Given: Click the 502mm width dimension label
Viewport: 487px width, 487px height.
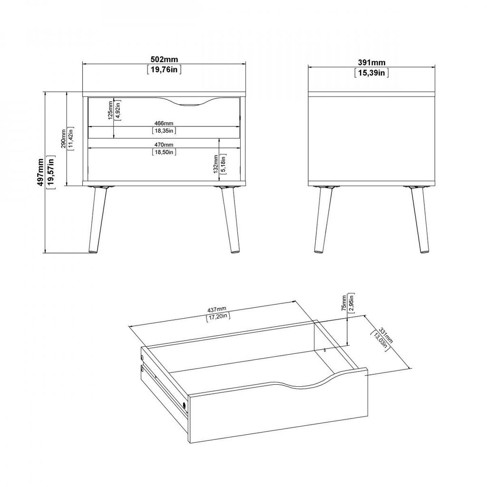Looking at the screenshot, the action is (164, 59).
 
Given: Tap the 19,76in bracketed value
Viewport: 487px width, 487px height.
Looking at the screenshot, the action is (164, 69).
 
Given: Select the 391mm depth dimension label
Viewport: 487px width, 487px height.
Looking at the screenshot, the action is (371, 62).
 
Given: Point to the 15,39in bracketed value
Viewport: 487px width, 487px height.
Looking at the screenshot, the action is (371, 73).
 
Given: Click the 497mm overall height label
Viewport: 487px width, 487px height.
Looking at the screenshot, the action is (40, 172).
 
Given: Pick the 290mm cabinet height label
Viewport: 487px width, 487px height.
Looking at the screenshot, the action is (63, 138).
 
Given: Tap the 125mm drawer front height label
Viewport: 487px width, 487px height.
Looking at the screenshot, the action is (110, 110).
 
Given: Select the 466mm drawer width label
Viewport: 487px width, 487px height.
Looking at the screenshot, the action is (164, 123).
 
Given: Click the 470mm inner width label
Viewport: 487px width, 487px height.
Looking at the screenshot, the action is (164, 145).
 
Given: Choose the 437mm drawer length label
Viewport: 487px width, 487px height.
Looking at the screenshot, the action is (217, 310).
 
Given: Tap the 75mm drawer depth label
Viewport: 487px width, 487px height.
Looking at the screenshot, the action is (344, 303).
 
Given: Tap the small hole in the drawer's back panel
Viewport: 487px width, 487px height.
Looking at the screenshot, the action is (324, 351).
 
